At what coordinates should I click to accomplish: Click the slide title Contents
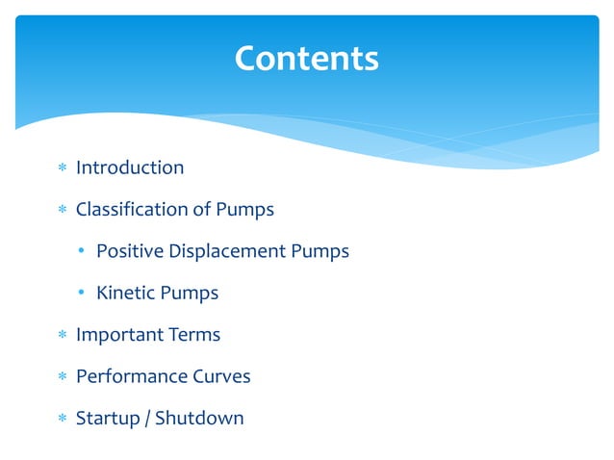pos(307,60)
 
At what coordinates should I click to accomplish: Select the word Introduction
pos(130,167)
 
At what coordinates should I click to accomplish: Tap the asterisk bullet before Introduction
pos(61,168)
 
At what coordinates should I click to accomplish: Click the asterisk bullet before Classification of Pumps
pos(61,210)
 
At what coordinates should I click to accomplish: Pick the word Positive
pos(130,251)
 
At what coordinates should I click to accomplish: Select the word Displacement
pos(228,251)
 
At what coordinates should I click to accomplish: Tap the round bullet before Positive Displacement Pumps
pos(83,252)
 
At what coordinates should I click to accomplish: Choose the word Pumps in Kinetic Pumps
pos(191,293)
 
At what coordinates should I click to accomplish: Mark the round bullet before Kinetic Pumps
pos(83,294)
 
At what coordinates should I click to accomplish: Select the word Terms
pos(193,335)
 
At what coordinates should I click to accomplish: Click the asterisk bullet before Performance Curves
pos(61,377)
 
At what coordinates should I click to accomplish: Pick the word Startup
pos(108,418)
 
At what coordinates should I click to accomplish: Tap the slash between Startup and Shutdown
pos(147,419)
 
